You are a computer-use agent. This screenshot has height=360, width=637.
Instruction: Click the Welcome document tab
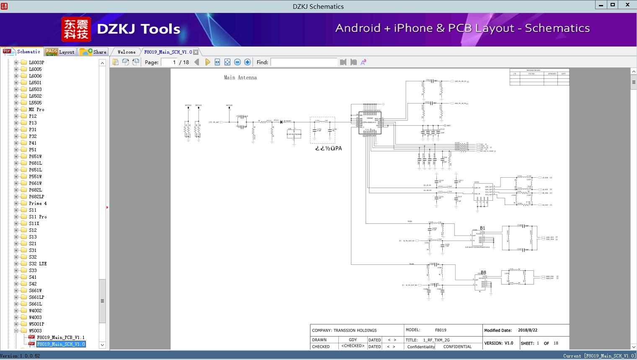click(126, 52)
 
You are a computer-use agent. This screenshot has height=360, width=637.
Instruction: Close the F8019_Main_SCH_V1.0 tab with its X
click(196, 52)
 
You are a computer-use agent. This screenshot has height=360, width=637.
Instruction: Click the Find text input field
click(304, 62)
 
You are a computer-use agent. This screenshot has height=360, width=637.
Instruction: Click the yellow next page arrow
click(207, 62)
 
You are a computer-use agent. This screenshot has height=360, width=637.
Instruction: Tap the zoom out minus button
click(237, 62)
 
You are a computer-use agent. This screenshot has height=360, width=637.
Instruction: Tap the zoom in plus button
click(248, 62)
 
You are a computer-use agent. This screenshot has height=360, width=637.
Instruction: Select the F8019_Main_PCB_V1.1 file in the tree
click(60, 337)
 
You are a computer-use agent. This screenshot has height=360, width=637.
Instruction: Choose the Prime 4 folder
click(38, 203)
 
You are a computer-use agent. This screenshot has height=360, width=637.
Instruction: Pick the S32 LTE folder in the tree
click(38, 264)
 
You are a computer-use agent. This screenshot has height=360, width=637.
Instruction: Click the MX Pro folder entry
click(36, 109)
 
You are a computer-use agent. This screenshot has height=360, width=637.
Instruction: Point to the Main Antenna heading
click(240, 78)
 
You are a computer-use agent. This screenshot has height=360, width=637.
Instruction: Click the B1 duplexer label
click(482, 228)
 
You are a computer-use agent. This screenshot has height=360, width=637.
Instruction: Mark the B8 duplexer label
click(483, 272)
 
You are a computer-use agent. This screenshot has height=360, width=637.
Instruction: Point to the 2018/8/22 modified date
click(528, 330)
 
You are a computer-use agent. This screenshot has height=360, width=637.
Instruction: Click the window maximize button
click(612, 5)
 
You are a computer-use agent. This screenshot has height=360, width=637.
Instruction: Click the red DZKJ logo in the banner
click(76, 29)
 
